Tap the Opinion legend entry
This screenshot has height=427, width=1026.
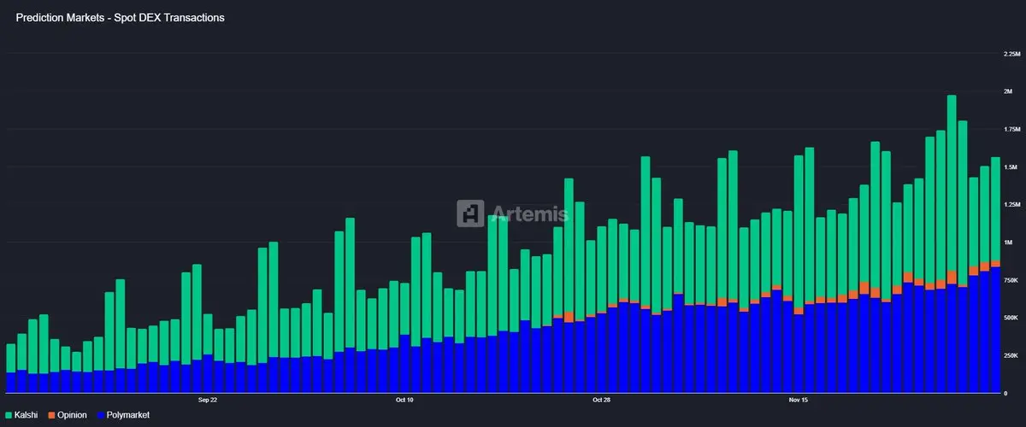pyautogui.click(x=72, y=415)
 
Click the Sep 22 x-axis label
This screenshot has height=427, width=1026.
pyautogui.click(x=207, y=400)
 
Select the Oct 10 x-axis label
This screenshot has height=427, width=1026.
pyautogui.click(x=404, y=400)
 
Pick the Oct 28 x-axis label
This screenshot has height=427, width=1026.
pyautogui.click(x=601, y=400)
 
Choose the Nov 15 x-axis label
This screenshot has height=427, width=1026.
pyautogui.click(x=799, y=400)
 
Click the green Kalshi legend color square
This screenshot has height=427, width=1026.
pyautogui.click(x=9, y=415)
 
